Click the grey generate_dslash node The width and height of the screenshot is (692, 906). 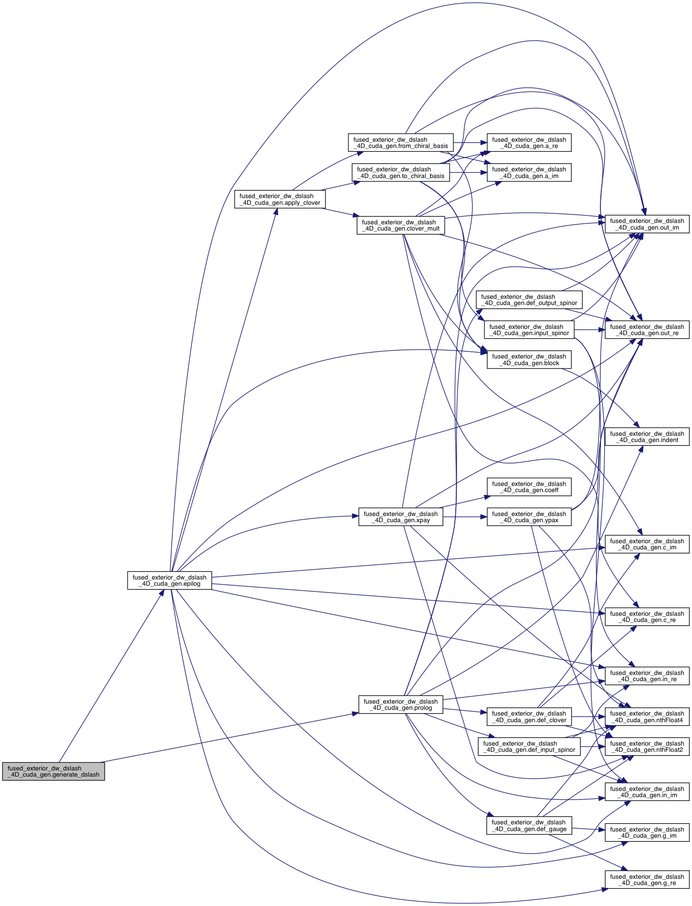(x=53, y=771)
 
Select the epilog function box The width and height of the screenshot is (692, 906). (x=169, y=580)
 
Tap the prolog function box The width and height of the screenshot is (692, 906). (x=400, y=705)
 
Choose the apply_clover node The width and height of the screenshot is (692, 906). (x=280, y=200)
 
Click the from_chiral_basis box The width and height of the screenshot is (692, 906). (x=400, y=143)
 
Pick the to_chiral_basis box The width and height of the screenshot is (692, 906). (x=400, y=172)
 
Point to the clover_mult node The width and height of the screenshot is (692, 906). (x=400, y=225)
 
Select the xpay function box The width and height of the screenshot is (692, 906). (x=400, y=517)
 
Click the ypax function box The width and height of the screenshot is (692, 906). (x=529, y=517)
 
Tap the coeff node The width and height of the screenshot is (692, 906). (x=529, y=487)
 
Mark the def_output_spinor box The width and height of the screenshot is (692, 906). (x=529, y=300)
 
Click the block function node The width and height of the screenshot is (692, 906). (x=529, y=359)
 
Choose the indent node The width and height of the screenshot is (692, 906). (x=647, y=437)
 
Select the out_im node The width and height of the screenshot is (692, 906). (x=647, y=224)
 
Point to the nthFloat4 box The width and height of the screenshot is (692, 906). (x=647, y=716)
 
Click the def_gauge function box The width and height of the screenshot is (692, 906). (x=529, y=825)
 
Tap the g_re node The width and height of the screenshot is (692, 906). (x=647, y=880)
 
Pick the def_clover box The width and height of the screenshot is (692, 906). (x=529, y=716)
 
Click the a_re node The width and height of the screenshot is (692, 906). (x=529, y=143)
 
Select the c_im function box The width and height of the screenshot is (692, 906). (x=647, y=544)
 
